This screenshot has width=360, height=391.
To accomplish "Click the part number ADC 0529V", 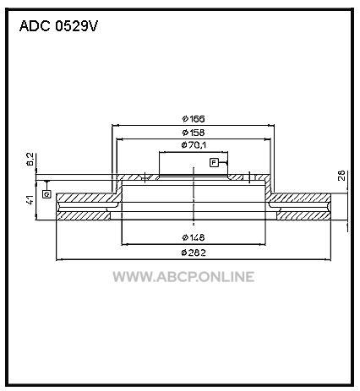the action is pos(58,26).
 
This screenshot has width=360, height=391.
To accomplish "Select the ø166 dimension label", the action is pos(194,119).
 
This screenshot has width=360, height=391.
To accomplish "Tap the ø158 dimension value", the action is pos(194,133).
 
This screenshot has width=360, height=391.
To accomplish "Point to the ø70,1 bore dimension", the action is pos(194,145).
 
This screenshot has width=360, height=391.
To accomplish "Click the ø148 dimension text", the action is pos(194,237).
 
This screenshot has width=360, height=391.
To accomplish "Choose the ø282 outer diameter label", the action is pos(194,253).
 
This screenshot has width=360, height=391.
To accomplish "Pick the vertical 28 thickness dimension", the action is pos(341,176).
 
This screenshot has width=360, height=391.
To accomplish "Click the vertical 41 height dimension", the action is pos(30,199).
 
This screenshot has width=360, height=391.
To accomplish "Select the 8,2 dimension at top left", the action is pos(30,159).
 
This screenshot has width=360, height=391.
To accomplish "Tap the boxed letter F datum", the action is pos(214,163).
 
